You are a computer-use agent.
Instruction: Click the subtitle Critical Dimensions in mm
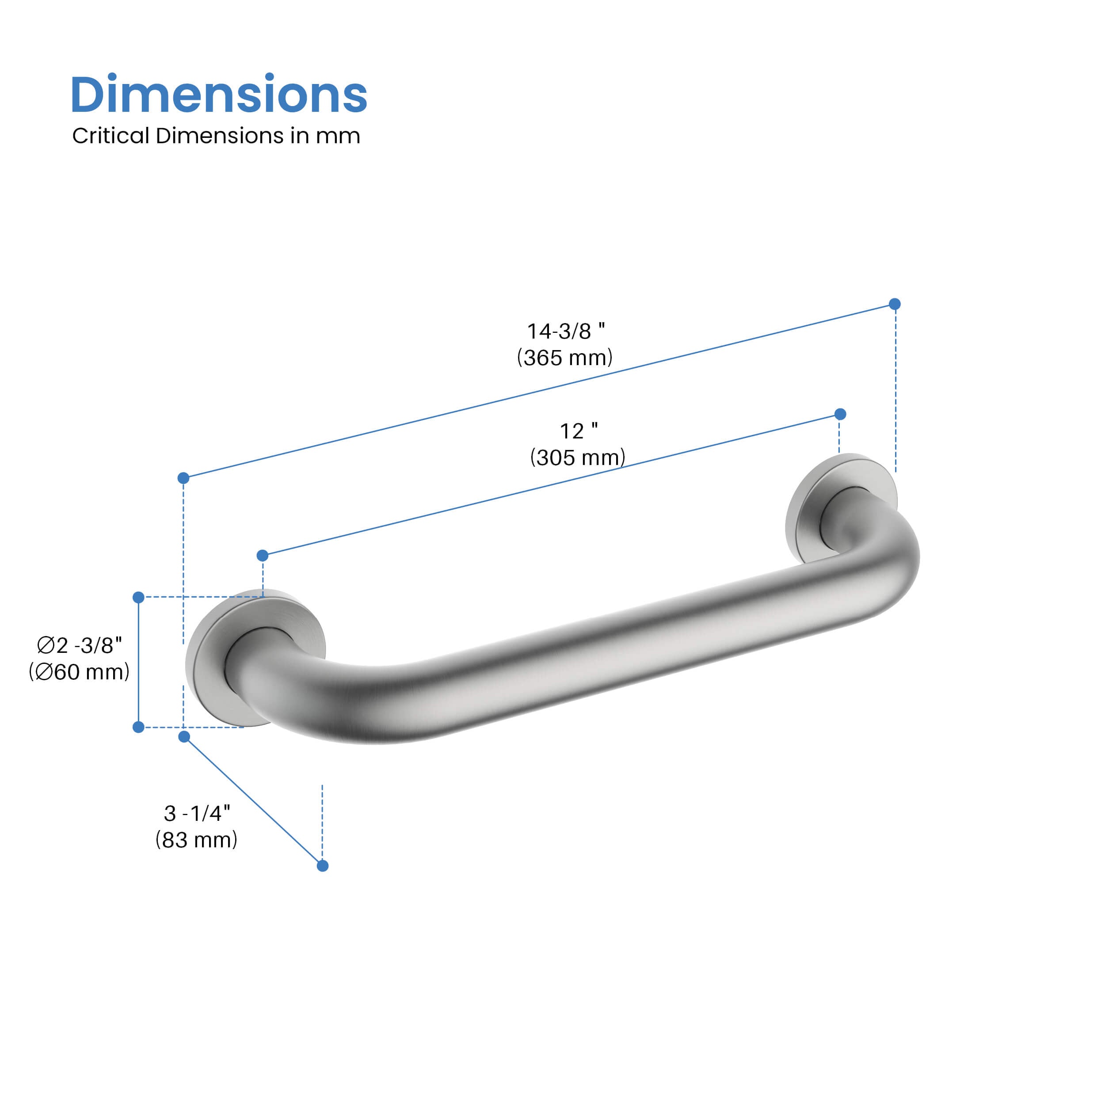(x=216, y=136)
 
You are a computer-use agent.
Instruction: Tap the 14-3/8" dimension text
(x=565, y=331)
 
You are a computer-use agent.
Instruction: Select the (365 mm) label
(x=564, y=358)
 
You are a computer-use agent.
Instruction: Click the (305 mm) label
(x=578, y=457)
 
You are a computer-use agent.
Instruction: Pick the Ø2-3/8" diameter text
(x=80, y=645)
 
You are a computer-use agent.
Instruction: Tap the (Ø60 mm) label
(x=80, y=671)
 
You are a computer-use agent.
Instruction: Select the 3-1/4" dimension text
(x=197, y=813)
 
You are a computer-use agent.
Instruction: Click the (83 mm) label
(x=196, y=840)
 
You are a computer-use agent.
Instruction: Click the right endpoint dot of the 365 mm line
(x=895, y=304)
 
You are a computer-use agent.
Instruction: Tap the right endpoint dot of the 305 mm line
(x=840, y=414)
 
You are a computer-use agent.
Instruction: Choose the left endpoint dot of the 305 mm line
(x=263, y=555)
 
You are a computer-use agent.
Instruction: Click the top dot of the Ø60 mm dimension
(x=138, y=598)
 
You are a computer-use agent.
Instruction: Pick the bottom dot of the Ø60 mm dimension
(x=138, y=728)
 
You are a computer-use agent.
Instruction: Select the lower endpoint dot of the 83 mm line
(x=323, y=866)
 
